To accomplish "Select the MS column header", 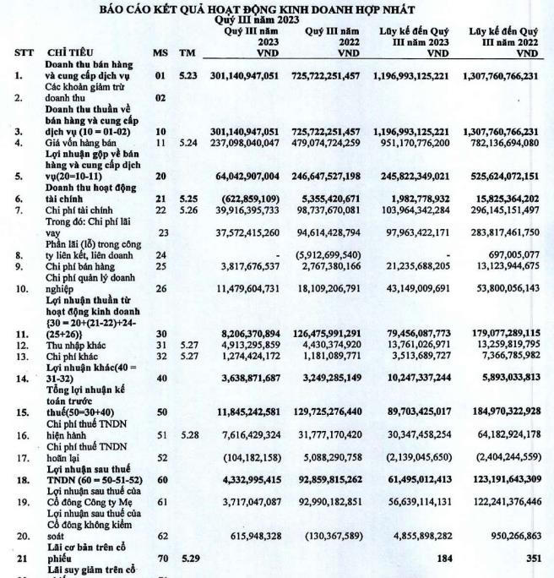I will [x=160, y=52].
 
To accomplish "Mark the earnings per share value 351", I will [x=530, y=557].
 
